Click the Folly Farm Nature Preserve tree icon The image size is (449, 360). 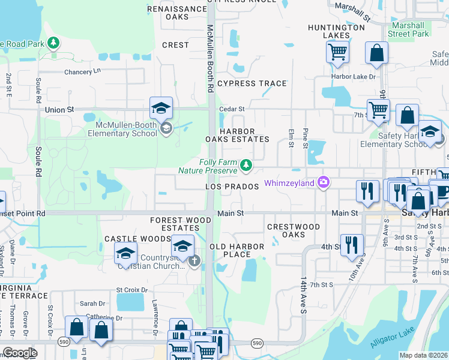pos(246,165)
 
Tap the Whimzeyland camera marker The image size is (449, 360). pos(324,182)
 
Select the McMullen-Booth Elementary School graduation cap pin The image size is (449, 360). pos(161,107)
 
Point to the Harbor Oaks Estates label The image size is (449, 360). pos(237,135)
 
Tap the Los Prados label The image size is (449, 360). pos(232,187)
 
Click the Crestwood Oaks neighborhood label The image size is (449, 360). pos(294,230)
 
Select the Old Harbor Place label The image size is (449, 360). pos(237,250)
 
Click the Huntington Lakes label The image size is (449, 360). pos(336,31)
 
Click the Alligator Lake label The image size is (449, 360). pos(393,339)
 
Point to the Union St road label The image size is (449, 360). pos(59,110)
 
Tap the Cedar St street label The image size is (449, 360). pos(232,109)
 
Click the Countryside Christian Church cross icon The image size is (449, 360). pos(194,260)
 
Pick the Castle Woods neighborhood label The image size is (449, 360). pos(130,239)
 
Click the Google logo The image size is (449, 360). pos(19,353)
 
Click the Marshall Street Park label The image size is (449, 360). pos(408,30)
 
